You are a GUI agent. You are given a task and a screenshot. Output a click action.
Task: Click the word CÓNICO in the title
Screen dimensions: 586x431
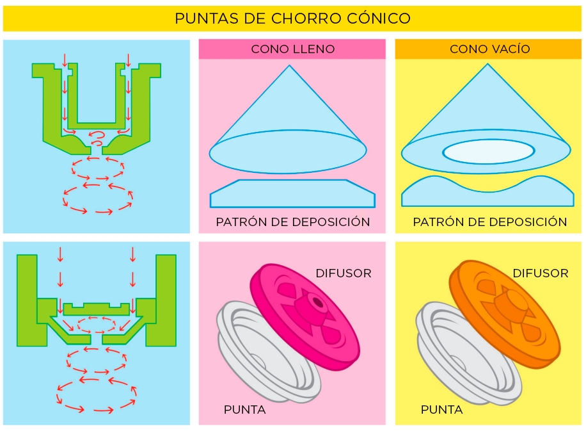click(x=379, y=18)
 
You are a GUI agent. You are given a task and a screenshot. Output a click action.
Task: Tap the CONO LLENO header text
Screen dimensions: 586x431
click(x=292, y=49)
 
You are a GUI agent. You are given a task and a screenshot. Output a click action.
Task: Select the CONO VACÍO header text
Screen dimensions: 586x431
click(x=489, y=49)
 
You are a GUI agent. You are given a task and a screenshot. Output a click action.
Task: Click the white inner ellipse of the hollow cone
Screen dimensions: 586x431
click(x=489, y=152)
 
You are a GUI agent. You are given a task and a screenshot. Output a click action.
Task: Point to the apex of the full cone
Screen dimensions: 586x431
click(x=289, y=65)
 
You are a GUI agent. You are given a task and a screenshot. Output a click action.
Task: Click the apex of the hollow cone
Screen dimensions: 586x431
click(x=487, y=64)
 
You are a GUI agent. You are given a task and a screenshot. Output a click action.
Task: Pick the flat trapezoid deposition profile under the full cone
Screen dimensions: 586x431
click(x=292, y=193)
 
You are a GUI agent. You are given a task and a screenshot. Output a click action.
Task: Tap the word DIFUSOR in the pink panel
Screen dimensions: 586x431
click(x=344, y=273)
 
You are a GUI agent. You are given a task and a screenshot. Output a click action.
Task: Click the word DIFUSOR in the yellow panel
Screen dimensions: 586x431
click(x=541, y=273)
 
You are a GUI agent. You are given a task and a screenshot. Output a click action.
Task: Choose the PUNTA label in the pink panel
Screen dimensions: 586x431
click(x=245, y=410)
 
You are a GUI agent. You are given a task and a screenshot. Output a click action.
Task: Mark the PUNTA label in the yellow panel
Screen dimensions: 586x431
click(x=442, y=410)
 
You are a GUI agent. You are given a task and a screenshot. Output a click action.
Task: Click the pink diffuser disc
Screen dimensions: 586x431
click(x=305, y=316)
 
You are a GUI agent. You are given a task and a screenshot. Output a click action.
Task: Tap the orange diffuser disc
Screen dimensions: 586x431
click(x=505, y=314)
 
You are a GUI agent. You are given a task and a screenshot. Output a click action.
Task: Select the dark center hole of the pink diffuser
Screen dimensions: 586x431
click(x=318, y=302)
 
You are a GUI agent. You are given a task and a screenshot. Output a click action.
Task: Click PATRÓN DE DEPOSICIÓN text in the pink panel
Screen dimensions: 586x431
click(x=292, y=222)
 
